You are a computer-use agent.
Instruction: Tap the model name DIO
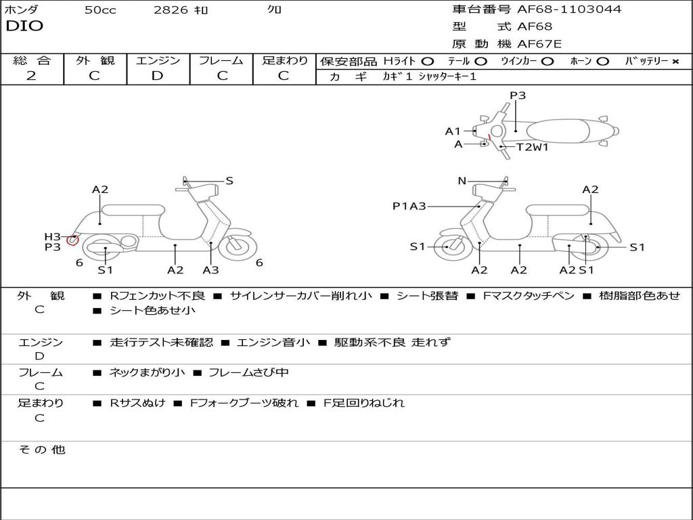(24, 26)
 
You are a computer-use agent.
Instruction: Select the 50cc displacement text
(100, 10)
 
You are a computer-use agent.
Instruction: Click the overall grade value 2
(31, 76)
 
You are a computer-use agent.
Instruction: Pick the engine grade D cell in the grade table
(157, 76)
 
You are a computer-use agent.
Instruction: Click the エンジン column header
(158, 61)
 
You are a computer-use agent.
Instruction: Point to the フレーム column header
(221, 61)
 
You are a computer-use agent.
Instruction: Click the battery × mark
(675, 62)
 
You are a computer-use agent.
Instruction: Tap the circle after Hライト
(428, 62)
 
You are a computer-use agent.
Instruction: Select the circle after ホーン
(602, 62)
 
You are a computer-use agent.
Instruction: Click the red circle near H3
(73, 239)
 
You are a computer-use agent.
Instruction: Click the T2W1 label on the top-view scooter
(532, 147)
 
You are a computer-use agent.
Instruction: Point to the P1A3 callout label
(409, 207)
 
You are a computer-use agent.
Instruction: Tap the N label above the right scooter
(462, 181)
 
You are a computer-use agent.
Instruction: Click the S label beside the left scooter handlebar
(229, 181)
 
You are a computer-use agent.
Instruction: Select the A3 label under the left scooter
(211, 270)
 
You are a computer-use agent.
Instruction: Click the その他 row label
(42, 450)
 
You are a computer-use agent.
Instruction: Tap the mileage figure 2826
(171, 10)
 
